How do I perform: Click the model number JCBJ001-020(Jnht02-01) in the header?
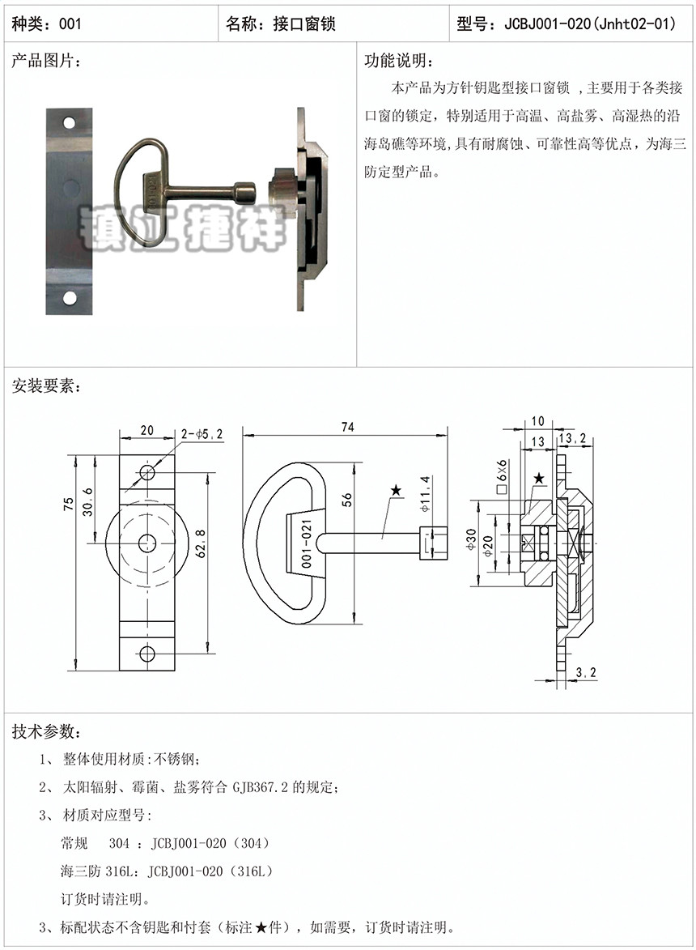pyautogui.click(x=590, y=23)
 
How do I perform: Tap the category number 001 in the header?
pyautogui.click(x=70, y=23)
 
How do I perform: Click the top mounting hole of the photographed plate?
pyautogui.click(x=69, y=123)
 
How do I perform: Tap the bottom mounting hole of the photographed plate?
pyautogui.click(x=69, y=298)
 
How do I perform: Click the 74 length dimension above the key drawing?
pyautogui.click(x=347, y=427)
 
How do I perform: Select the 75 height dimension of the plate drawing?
pyautogui.click(x=69, y=504)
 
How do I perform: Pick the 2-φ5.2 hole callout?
pyautogui.click(x=202, y=434)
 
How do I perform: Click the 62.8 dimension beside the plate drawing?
pyautogui.click(x=201, y=543)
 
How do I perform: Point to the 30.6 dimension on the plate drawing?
pyautogui.click(x=87, y=501)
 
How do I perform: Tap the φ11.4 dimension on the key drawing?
pyautogui.click(x=426, y=494)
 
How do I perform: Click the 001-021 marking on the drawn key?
pyautogui.click(x=306, y=543)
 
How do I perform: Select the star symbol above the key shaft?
pyautogui.click(x=396, y=490)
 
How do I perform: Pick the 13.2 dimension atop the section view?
pyautogui.click(x=572, y=437)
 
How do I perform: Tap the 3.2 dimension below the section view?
pyautogui.click(x=585, y=672)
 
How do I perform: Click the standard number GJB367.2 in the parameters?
pyautogui.click(x=261, y=787)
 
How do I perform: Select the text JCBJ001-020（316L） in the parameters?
pyautogui.click(x=210, y=871)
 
